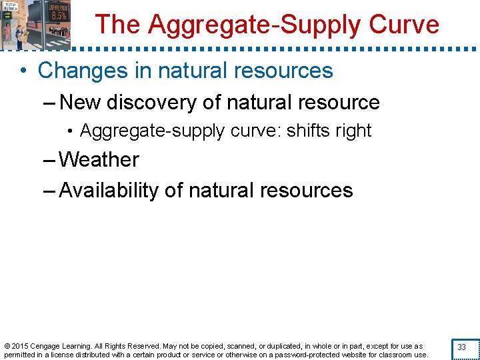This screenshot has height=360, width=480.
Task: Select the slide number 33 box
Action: point(461,347)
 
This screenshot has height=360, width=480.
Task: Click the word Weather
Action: point(99,160)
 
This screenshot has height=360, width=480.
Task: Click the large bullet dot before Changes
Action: point(25,71)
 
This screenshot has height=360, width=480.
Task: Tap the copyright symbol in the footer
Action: point(7,346)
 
